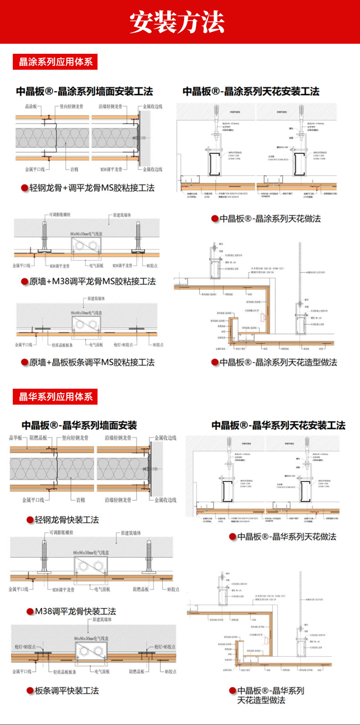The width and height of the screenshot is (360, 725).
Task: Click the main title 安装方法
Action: (x=177, y=22)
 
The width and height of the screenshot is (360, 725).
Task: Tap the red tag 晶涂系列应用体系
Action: (x=55, y=62)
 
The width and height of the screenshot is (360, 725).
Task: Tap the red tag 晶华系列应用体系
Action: (x=55, y=396)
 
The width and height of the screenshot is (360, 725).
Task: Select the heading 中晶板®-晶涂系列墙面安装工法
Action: (x=84, y=91)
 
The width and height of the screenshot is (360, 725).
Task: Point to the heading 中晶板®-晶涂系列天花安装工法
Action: (x=251, y=91)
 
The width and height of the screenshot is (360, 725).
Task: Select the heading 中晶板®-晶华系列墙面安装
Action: (x=79, y=426)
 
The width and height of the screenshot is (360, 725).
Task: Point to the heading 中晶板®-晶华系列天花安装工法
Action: (x=278, y=426)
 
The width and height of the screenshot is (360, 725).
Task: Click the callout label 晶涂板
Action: (x=31, y=106)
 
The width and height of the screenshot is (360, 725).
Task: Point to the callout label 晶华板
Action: (x=15, y=438)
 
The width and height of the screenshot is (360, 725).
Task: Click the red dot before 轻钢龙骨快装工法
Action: (x=30, y=520)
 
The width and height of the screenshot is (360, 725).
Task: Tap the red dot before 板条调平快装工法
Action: (x=30, y=691)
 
